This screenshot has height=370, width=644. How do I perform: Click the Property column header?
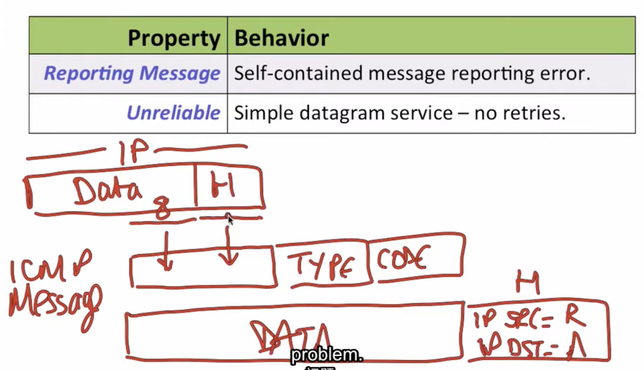pyautogui.click(x=173, y=38)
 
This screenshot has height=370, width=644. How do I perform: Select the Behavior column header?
pyautogui.click(x=282, y=38)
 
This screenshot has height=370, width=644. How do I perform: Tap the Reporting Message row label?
pyautogui.click(x=132, y=73)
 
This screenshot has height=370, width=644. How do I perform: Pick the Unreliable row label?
pyautogui.click(x=173, y=113)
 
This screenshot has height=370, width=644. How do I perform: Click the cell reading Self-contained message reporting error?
pyautogui.click(x=412, y=73)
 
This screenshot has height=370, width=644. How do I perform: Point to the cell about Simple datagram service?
pyautogui.click(x=399, y=113)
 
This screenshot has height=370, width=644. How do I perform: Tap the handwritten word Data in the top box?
pyautogui.click(x=107, y=191)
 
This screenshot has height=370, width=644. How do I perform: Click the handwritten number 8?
pyautogui.click(x=163, y=208)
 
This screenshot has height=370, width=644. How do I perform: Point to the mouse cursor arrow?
pyautogui.click(x=230, y=220)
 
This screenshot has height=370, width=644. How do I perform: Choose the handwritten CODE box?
pyautogui.click(x=404, y=258)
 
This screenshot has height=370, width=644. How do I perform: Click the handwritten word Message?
pyautogui.click(x=55, y=303)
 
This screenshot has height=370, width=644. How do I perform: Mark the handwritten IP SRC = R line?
pyautogui.click(x=528, y=319)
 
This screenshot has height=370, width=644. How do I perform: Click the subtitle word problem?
pyautogui.click(x=326, y=355)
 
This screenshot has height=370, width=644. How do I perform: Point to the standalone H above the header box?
pyautogui.click(x=527, y=282)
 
